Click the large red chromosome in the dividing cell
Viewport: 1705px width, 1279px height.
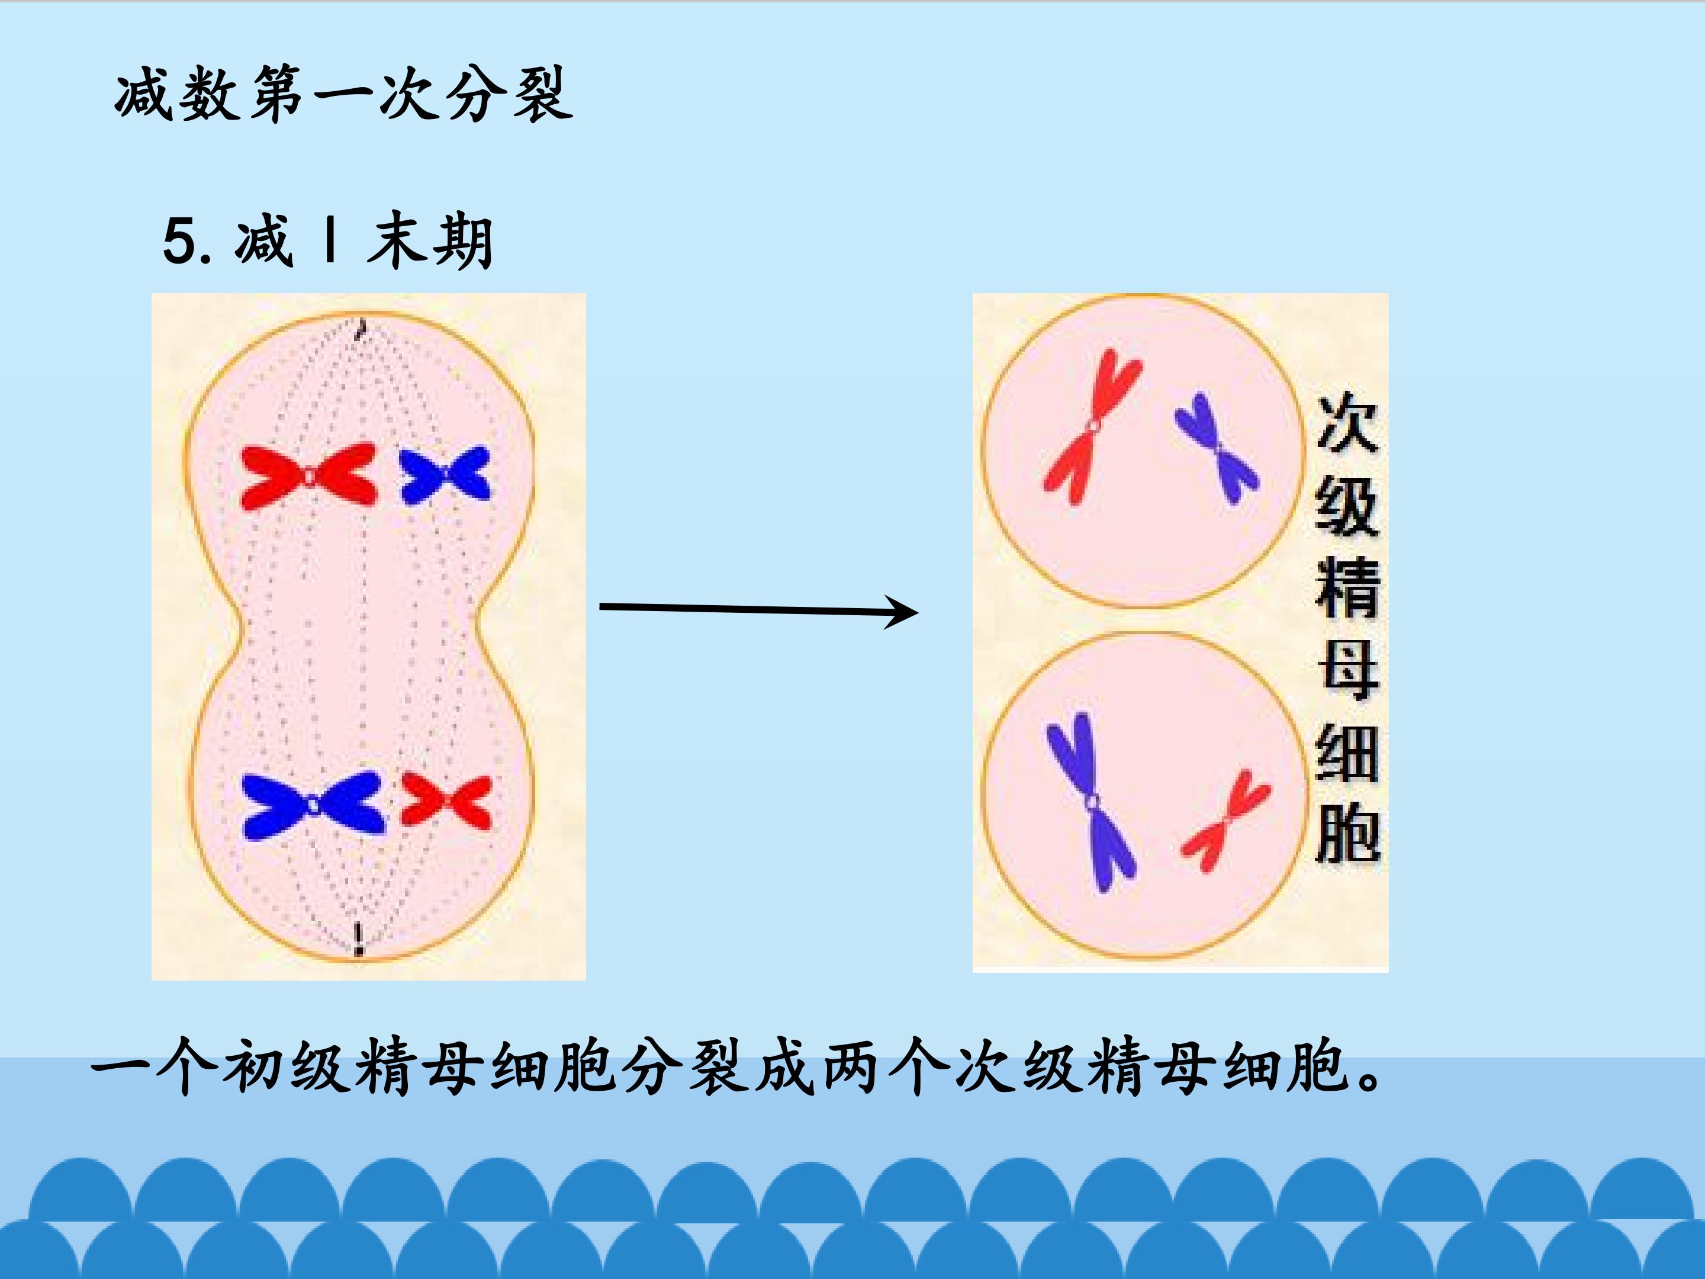[308, 475]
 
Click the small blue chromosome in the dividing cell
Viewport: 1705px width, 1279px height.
[446, 474]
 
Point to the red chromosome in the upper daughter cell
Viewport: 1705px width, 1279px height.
[1092, 426]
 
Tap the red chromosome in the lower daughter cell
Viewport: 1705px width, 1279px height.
[1225, 820]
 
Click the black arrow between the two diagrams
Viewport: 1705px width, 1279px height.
[758, 610]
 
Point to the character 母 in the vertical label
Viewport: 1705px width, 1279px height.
[1347, 669]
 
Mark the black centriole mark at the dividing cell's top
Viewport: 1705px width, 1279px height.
[359, 330]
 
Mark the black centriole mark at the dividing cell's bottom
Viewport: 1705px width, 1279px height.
[358, 940]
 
